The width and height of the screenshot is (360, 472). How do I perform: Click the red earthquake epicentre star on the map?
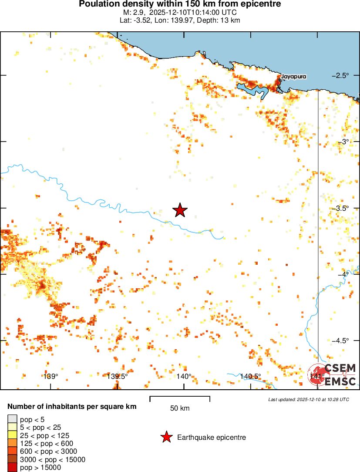180,210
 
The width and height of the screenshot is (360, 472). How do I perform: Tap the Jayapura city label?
294,77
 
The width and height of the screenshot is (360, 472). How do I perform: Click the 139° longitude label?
50,376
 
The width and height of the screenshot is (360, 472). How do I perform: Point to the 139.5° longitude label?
117,376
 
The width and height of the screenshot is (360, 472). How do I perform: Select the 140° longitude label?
184,376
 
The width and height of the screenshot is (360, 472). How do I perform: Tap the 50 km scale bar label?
179,408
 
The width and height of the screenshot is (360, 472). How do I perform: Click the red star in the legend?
166,437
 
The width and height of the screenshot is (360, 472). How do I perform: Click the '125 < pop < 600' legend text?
47,443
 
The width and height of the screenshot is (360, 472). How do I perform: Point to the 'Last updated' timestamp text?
309,399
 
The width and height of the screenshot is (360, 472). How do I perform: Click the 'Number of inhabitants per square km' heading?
72,407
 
